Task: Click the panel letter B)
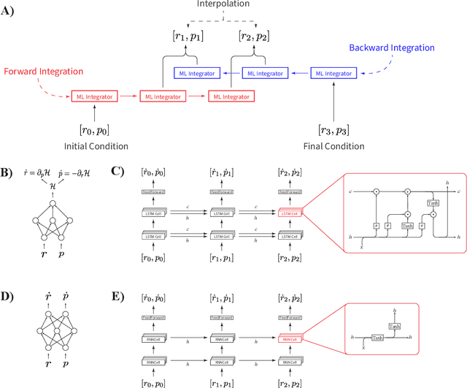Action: [x=9, y=173]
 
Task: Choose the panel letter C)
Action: [x=117, y=173]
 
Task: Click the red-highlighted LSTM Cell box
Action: [x=289, y=213]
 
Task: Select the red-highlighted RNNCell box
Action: [x=289, y=338]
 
